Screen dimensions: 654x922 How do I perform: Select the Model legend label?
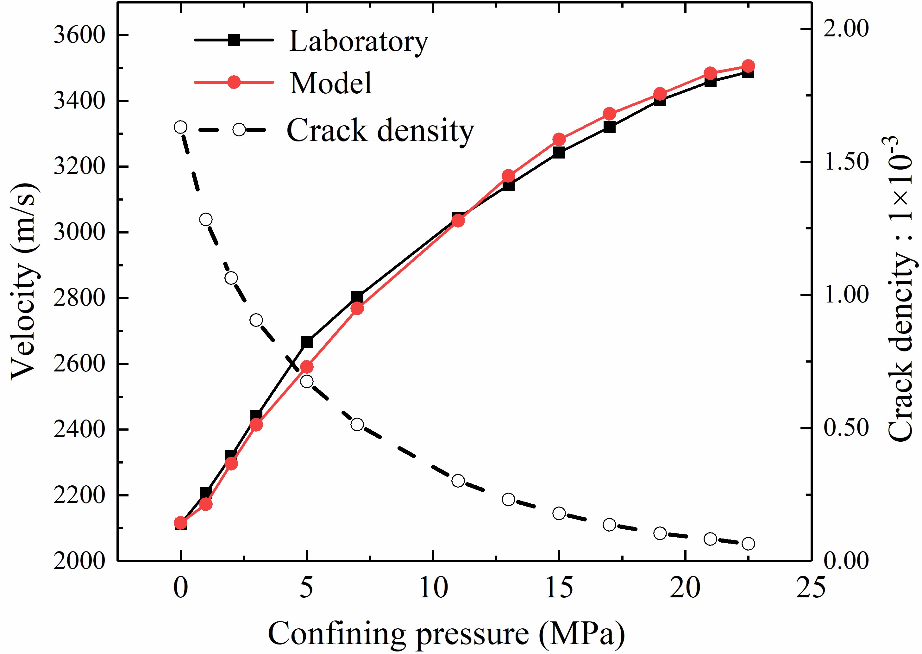[x=330, y=83]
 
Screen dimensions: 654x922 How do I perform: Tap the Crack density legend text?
[x=380, y=130]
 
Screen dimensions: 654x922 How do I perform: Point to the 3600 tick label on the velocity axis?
[x=79, y=35]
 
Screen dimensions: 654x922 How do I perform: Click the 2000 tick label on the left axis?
[x=79, y=561]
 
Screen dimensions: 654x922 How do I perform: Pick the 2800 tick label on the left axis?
[x=79, y=298]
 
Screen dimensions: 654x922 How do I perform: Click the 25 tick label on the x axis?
[x=810, y=588]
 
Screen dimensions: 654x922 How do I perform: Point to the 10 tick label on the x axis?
[x=433, y=588]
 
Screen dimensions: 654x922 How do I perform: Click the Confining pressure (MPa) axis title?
[x=446, y=633]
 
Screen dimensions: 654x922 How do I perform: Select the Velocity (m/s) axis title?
[x=25, y=282]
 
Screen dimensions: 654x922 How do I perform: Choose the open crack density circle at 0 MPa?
[x=180, y=127]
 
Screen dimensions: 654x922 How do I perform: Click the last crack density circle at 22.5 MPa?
[x=748, y=544]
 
